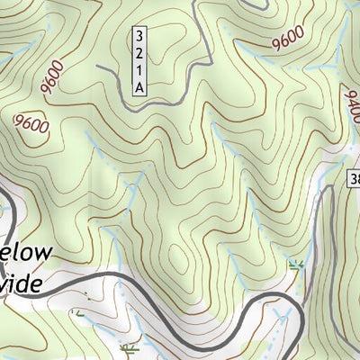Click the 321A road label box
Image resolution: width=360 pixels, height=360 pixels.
tap(139, 61)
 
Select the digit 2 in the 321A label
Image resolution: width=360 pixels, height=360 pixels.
tap(139, 53)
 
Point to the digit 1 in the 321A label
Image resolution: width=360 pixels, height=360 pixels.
tap(139, 69)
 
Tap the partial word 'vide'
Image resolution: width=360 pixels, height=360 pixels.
tap(22, 283)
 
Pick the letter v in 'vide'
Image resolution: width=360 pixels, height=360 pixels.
tap(5, 285)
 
